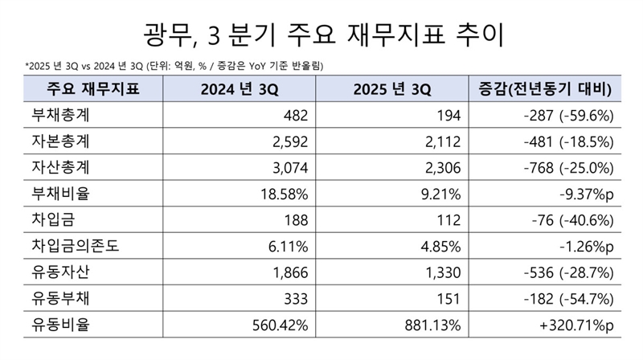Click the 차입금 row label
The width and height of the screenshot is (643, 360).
[50, 218]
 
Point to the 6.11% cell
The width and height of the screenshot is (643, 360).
[288, 243]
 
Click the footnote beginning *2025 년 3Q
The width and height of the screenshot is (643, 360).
[169, 65]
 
